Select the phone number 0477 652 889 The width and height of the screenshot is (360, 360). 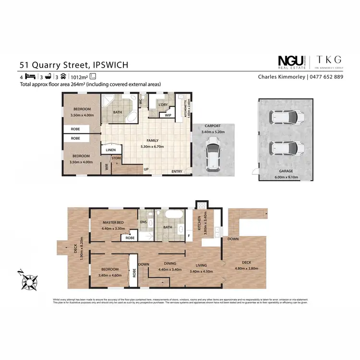click(326, 77)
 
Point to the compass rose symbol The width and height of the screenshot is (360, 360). click(29, 280)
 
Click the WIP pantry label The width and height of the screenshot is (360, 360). click(168, 115)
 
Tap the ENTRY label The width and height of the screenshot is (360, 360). click(177, 171)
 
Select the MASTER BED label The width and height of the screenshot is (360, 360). click(113, 222)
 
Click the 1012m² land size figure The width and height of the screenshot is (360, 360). click(80, 77)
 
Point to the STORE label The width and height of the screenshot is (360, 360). click(117, 158)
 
